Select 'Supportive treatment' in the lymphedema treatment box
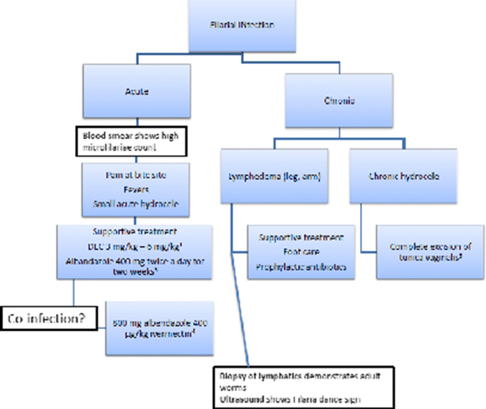coord(302,237)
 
